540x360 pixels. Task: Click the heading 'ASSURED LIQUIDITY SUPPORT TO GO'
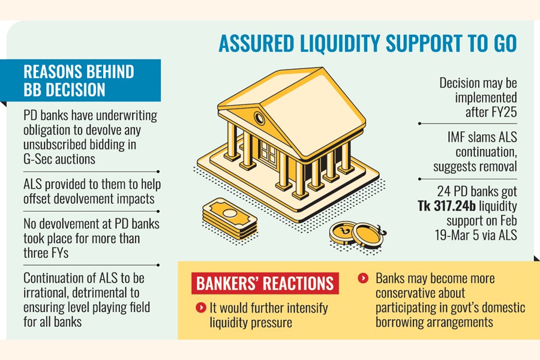367,44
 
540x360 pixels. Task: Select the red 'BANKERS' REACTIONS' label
264,283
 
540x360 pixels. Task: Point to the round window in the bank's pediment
259,118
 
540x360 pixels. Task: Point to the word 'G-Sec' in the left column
39,158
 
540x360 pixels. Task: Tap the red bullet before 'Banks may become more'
362,278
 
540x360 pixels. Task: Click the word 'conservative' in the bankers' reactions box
412,293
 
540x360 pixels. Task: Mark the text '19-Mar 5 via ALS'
476,235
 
